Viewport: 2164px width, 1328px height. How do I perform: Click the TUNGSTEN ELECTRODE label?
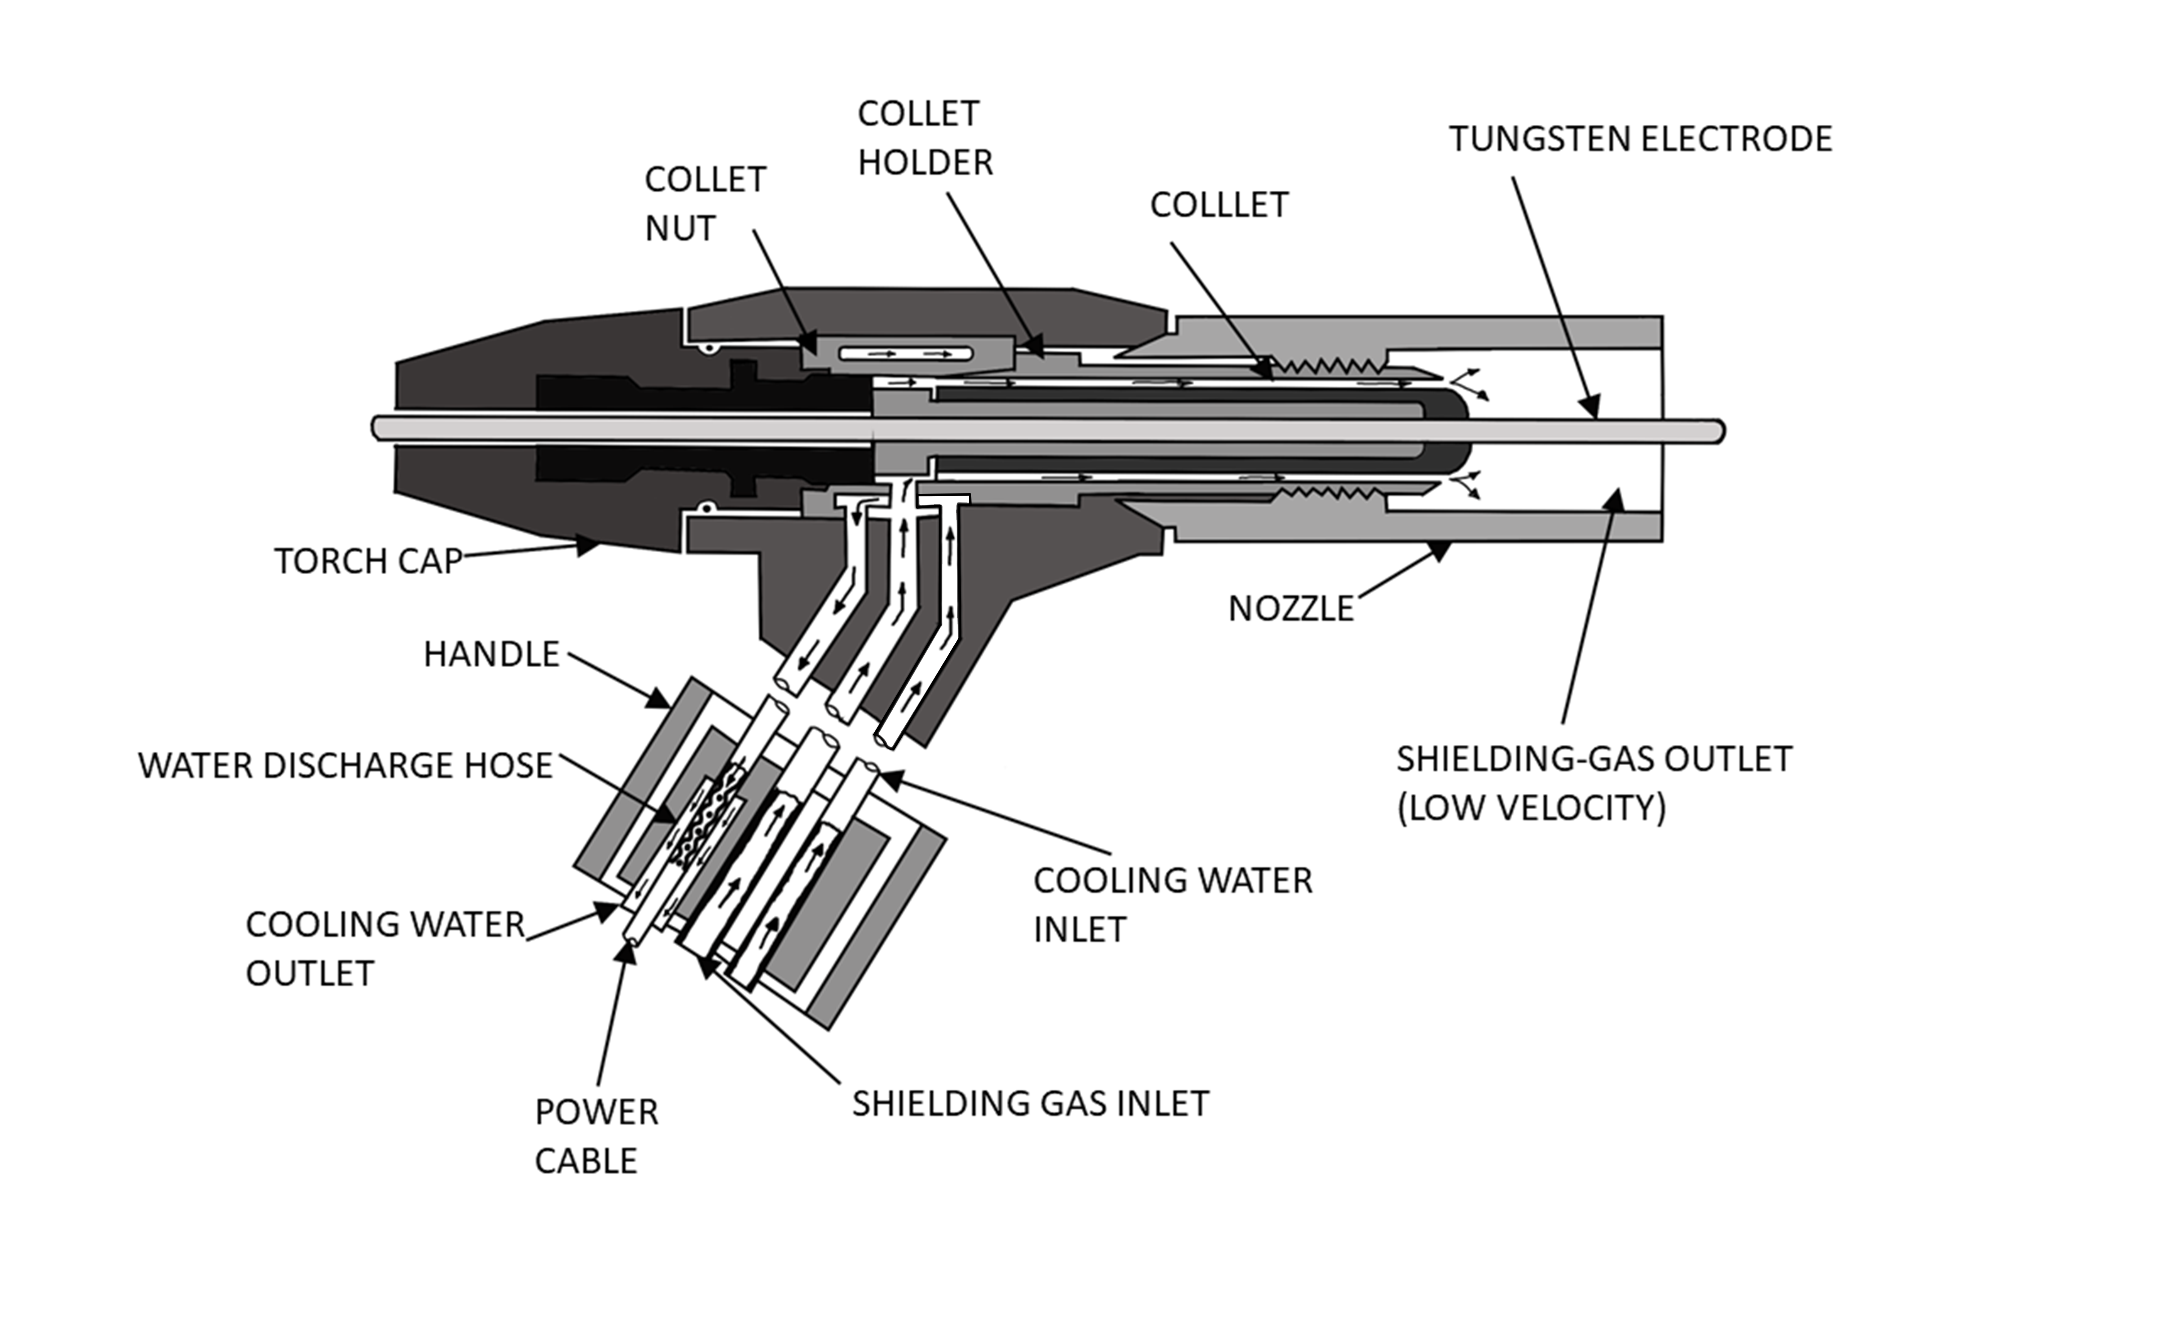(x=1640, y=139)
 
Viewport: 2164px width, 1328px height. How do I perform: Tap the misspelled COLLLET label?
(x=1219, y=205)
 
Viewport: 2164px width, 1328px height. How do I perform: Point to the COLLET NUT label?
(x=705, y=204)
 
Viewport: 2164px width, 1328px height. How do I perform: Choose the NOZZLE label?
(x=1291, y=608)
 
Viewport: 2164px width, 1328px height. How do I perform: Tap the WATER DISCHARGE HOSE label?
(x=345, y=765)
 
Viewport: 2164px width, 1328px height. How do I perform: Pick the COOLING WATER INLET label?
(x=1172, y=905)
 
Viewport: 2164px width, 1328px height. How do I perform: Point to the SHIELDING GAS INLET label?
(x=1030, y=1103)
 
